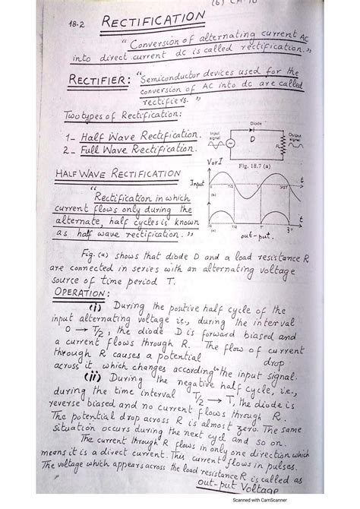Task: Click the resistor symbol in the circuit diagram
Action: pyautogui.click(x=282, y=147)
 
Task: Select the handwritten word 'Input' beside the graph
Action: pyautogui.click(x=197, y=185)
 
